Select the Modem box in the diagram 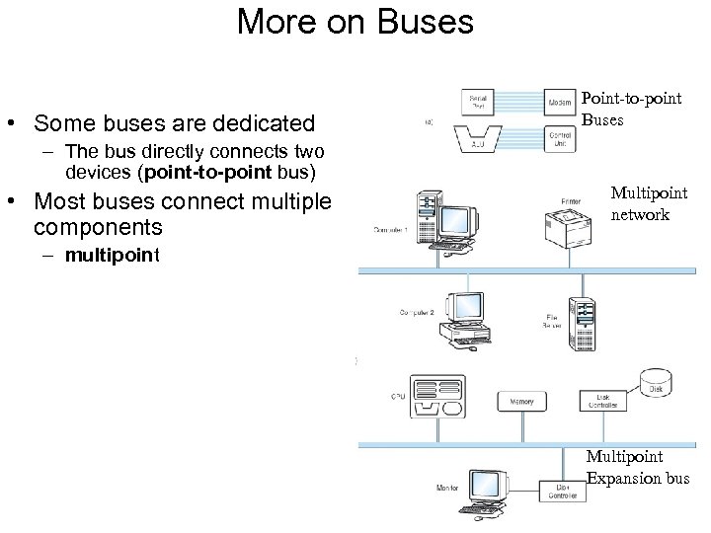(558, 101)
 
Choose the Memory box (521, 402)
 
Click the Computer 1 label (391, 230)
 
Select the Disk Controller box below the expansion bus (562, 491)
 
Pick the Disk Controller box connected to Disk (603, 400)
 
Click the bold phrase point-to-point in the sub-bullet (201, 173)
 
